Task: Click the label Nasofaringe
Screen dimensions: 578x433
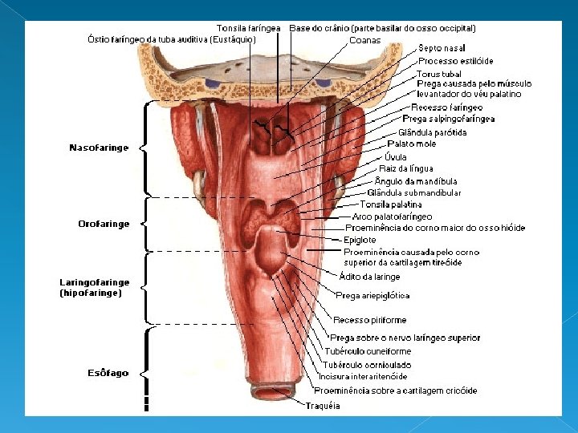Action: coord(99,148)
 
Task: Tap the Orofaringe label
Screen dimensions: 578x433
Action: coord(104,224)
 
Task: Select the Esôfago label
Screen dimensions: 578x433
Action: coord(108,373)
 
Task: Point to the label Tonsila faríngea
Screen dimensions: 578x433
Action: coord(249,28)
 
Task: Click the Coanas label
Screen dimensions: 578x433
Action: coord(365,39)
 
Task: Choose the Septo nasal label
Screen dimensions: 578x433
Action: coord(442,49)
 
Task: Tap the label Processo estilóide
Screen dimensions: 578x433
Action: coord(455,61)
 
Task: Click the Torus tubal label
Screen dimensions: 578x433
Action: coord(439,74)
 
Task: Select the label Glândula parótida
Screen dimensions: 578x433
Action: coord(432,132)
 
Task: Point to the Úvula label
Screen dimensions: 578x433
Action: coord(396,156)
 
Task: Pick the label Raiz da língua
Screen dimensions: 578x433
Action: coord(405,168)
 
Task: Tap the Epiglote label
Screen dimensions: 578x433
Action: coord(359,240)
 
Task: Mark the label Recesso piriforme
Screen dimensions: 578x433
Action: coord(375,321)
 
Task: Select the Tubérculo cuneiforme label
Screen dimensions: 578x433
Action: coord(368,351)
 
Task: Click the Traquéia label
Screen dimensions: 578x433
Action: coord(322,406)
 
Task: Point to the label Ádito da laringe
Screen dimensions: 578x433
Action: coord(369,277)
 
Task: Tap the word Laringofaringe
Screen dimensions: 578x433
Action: coord(95,282)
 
